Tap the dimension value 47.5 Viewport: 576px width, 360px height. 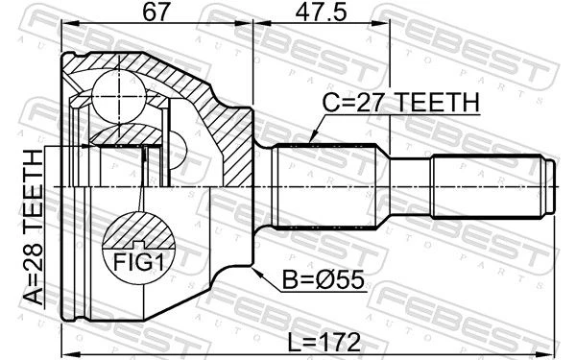pos(321,12)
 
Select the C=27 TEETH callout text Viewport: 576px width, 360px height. pos(400,102)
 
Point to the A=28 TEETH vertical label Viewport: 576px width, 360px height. pos(34,228)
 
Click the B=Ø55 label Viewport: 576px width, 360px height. pos(323,279)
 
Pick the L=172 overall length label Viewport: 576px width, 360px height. pos(324,343)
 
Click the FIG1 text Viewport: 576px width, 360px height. pos(137,262)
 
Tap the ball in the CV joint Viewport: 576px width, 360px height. pos(119,97)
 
